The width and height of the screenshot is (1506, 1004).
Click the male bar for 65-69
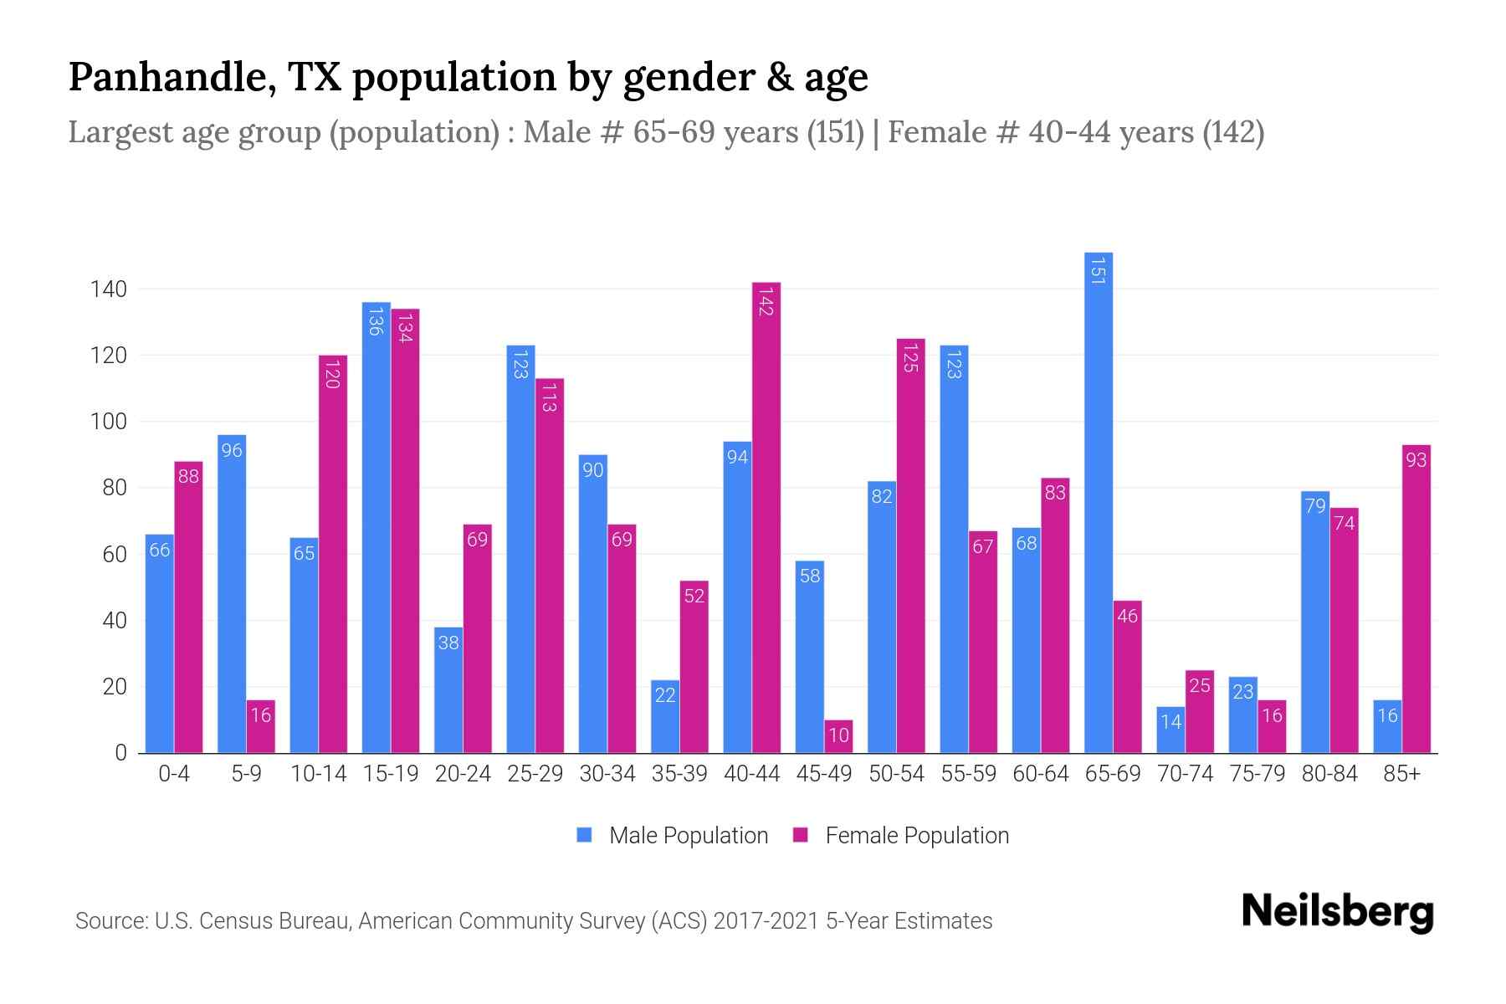click(x=1098, y=502)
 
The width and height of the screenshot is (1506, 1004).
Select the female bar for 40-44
click(x=766, y=519)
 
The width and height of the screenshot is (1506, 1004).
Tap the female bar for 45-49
click(x=838, y=736)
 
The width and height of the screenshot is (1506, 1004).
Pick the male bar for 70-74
click(x=1170, y=730)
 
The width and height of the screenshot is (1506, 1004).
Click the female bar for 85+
click(x=1416, y=599)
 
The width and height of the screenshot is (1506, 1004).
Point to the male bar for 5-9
click(x=232, y=594)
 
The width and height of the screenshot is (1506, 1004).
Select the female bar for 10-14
click(x=333, y=554)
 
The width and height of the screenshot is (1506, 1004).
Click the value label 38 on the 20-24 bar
click(x=448, y=643)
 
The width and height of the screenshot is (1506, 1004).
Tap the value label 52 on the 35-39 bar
click(x=694, y=596)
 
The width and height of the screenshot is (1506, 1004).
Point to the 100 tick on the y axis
click(x=108, y=422)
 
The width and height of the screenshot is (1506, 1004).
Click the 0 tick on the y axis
click(x=120, y=753)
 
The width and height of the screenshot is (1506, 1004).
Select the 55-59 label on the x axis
click(x=968, y=774)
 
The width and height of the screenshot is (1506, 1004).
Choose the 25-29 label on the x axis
click(x=535, y=774)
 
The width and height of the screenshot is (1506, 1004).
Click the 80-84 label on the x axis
click(x=1329, y=774)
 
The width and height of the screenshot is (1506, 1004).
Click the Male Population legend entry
click(x=673, y=835)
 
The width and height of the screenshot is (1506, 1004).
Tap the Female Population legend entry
click(x=901, y=835)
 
